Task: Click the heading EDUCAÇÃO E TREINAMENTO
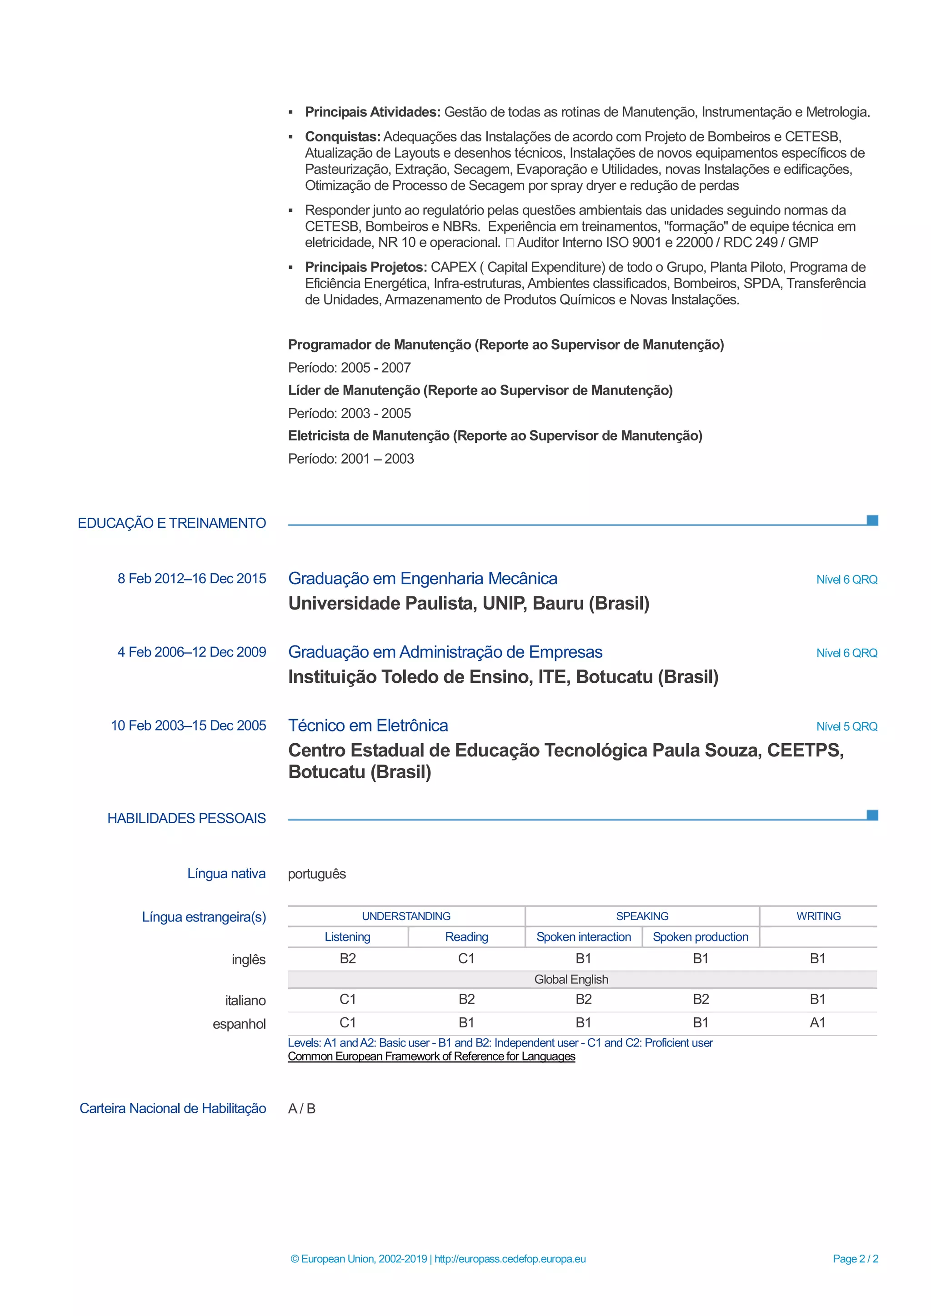[171, 523]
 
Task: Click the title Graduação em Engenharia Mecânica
[422, 578]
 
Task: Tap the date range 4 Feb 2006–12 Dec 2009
[191, 652]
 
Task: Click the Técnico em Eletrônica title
[368, 725]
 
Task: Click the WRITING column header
[818, 916]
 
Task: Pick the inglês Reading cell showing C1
[466, 958]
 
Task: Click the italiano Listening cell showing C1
[347, 999]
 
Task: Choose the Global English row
[571, 980]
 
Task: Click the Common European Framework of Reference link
[431, 1056]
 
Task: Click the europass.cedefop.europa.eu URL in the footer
[510, 1259]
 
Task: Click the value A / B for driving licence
[301, 1109]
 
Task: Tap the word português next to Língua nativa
[317, 874]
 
